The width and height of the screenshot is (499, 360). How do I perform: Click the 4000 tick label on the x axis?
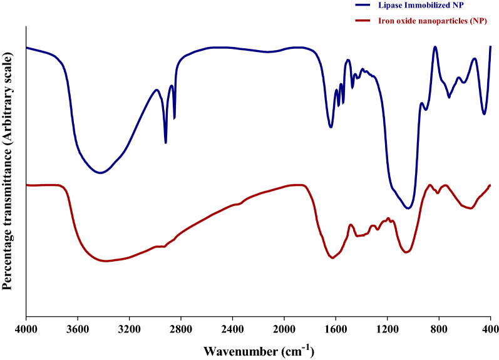(x=26, y=327)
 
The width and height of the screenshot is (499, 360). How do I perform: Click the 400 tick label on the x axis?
(x=490, y=327)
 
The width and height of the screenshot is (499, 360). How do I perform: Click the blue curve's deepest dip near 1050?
(x=408, y=208)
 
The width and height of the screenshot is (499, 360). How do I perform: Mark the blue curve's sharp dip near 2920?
(x=165, y=143)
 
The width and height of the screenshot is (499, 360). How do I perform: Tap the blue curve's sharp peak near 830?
(x=435, y=47)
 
